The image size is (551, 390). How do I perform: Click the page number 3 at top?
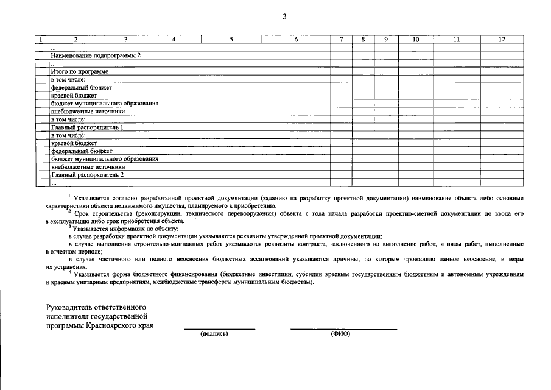(x=284, y=16)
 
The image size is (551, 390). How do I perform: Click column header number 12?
(x=502, y=40)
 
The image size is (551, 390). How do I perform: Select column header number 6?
(x=296, y=40)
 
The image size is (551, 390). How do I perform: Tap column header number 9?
(x=386, y=40)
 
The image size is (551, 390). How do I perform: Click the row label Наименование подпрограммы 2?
(x=96, y=55)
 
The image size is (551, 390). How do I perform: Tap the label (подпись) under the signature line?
(x=214, y=334)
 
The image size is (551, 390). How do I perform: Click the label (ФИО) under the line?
(x=341, y=334)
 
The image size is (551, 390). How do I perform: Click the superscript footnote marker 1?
(x=69, y=196)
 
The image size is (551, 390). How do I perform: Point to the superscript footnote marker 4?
(x=71, y=272)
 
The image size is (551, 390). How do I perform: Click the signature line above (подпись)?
(x=219, y=329)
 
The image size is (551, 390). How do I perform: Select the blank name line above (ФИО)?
(x=343, y=329)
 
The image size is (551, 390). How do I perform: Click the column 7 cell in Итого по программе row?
(x=342, y=71)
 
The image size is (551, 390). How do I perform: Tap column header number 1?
(x=41, y=40)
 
